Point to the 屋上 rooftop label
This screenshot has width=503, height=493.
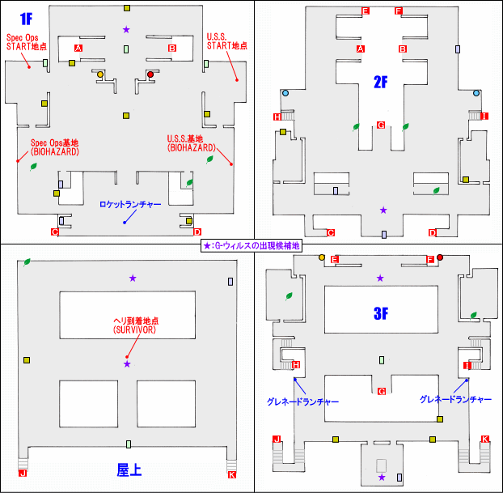(129, 470)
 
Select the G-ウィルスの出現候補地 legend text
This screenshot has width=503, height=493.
(251, 245)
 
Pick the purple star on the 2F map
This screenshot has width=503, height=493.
(383, 210)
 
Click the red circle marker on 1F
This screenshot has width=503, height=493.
(150, 74)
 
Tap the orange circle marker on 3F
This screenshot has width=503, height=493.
(322, 257)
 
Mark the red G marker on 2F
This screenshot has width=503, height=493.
(380, 125)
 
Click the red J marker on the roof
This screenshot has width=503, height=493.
(23, 474)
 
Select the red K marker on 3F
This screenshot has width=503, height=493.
(484, 439)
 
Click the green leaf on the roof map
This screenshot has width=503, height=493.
(27, 261)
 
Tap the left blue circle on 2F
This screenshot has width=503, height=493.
(285, 94)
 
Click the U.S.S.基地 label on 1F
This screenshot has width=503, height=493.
(191, 142)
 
